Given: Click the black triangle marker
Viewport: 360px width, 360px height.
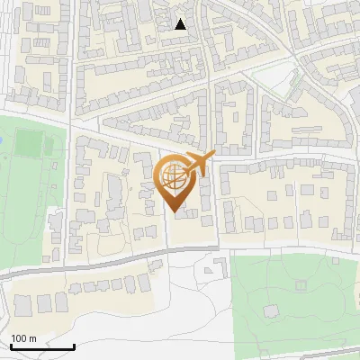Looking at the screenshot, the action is [x=181, y=24].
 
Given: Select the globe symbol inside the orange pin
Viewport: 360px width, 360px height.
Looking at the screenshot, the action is [x=175, y=175].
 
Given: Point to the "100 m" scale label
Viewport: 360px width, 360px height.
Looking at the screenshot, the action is [x=24, y=338].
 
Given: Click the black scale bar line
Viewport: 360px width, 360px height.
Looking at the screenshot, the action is [x=41, y=346].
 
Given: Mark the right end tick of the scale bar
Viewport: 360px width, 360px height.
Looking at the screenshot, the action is [x=73, y=346].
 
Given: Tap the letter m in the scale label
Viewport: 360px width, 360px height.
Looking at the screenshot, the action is [x=34, y=338].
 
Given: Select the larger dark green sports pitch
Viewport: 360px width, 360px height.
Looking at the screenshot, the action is [x=31, y=142].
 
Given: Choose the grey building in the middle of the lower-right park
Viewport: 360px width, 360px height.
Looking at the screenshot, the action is [x=270, y=310].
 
